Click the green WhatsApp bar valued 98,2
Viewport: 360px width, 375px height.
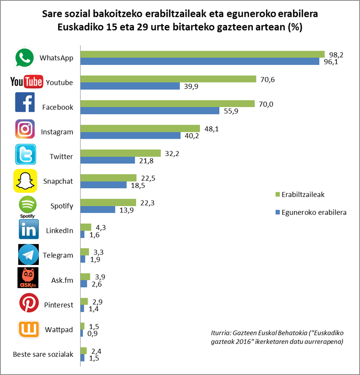click(x=202, y=54)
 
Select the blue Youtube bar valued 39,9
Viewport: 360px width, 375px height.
click(x=130, y=86)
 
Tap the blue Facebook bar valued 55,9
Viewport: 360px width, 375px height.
click(x=150, y=111)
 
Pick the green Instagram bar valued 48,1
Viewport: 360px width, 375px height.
click(x=140, y=129)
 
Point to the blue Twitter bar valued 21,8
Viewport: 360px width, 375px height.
click(x=108, y=160)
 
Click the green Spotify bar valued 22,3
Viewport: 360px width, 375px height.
click(x=108, y=202)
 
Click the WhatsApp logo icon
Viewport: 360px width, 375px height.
click(x=24, y=58)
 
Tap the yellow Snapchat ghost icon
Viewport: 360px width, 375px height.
click(x=25, y=181)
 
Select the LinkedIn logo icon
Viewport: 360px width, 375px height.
click(x=29, y=230)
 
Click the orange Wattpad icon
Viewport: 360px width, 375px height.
click(x=29, y=329)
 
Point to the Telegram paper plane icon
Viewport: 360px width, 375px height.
click(x=29, y=255)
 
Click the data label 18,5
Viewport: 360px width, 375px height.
click(x=139, y=185)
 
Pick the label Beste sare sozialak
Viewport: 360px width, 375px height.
click(x=43, y=354)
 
